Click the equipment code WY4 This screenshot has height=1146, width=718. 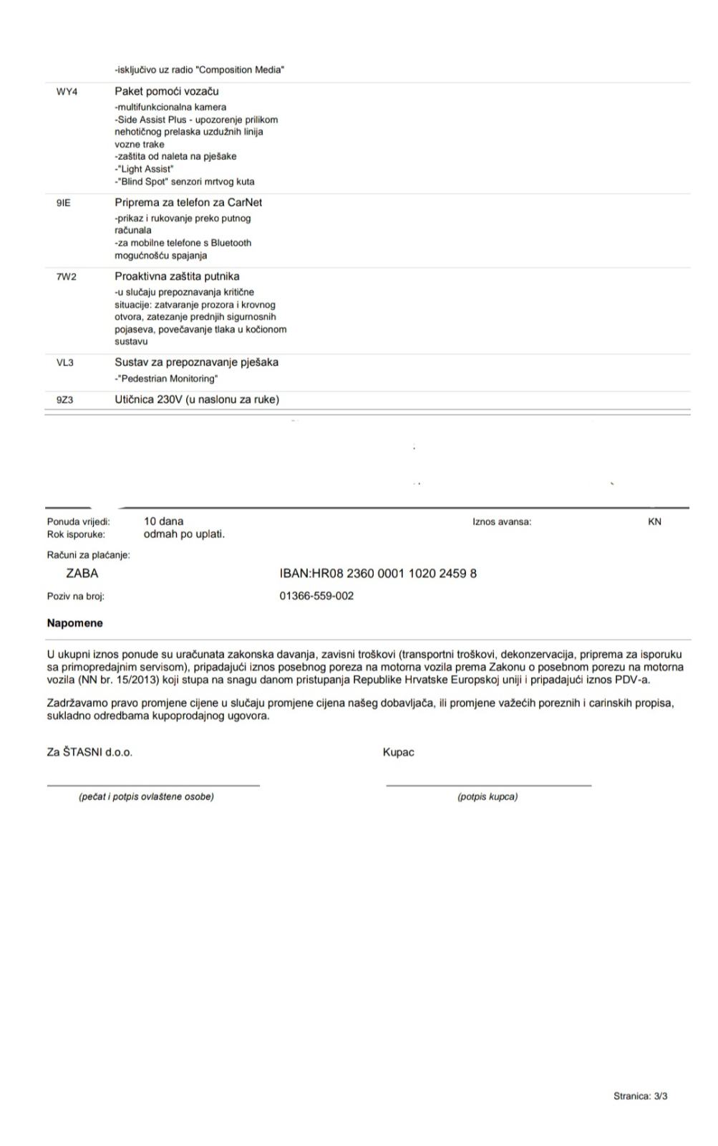click(x=67, y=92)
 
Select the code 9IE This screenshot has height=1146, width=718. click(x=64, y=203)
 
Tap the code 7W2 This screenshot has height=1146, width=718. click(x=66, y=277)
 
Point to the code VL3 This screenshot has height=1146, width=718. click(x=64, y=363)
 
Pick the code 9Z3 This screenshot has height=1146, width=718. click(x=64, y=400)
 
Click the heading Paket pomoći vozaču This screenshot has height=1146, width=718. click(x=166, y=92)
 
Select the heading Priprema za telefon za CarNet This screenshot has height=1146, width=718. click(x=188, y=203)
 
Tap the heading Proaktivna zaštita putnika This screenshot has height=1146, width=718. click(x=177, y=276)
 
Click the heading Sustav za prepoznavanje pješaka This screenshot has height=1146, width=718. click(x=196, y=362)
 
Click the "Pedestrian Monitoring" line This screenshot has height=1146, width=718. click(x=166, y=379)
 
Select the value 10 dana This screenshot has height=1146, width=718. click(x=163, y=521)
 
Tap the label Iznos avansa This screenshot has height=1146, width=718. click(x=502, y=522)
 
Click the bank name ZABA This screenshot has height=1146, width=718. click(x=82, y=574)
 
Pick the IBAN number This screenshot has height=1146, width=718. click(x=378, y=574)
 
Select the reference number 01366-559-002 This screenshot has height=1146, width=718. click(x=316, y=596)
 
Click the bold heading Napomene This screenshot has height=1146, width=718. click(x=74, y=623)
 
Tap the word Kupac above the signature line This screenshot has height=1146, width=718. click(x=398, y=753)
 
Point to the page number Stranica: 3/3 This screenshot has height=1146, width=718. click(x=640, y=1097)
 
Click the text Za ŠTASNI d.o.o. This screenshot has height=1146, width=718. click(x=89, y=753)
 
